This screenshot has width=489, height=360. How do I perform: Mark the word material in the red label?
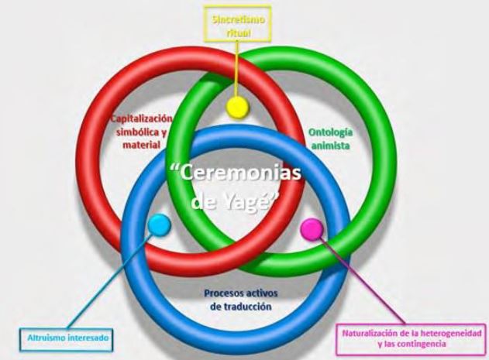click(143, 144)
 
